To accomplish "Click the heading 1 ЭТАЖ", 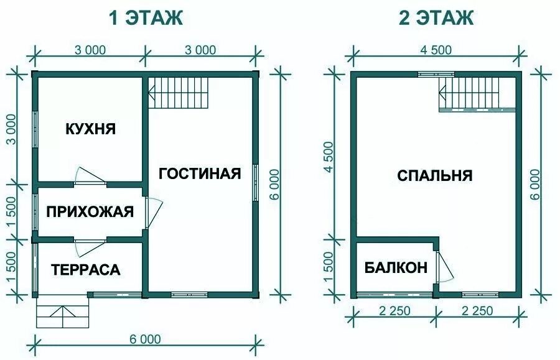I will coord(146,18).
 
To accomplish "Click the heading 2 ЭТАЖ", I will coord(436,18).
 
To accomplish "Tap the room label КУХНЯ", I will coord(90,129).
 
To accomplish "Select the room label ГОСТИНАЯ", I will coord(199,173).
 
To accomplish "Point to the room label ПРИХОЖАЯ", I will coord(90,212).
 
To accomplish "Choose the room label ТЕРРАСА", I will coord(86,270).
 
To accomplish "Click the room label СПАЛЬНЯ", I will coord(435,175).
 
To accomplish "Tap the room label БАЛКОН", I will coord(396,268).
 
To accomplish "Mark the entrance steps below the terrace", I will coord(63,314).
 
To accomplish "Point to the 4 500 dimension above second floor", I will coord(434,50).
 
